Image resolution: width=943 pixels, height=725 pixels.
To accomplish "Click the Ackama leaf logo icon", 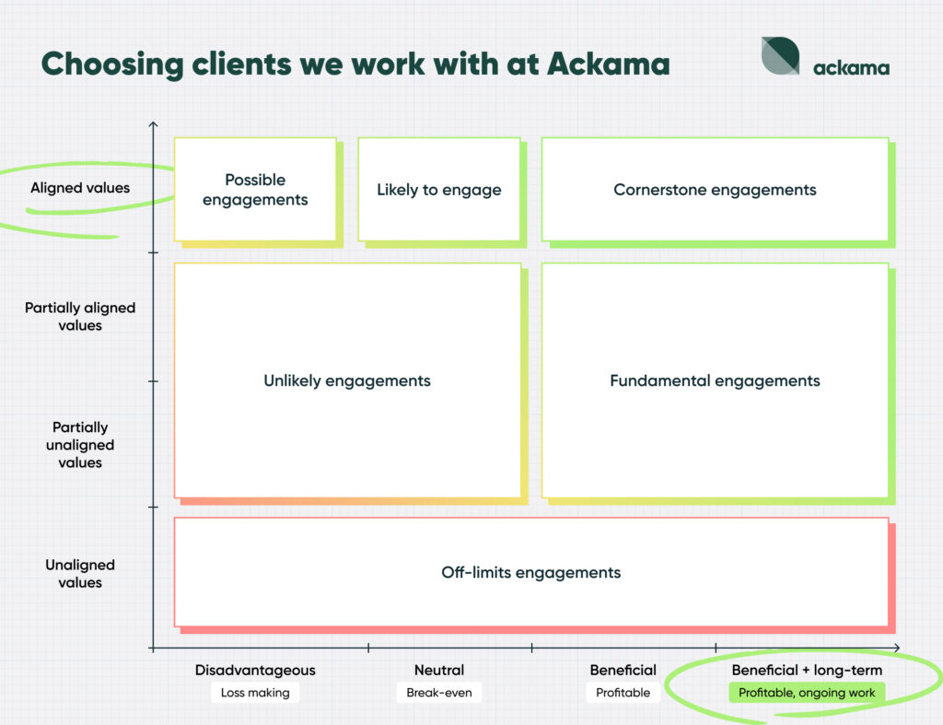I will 780,56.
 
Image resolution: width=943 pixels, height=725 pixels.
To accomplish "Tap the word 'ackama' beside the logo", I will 851,67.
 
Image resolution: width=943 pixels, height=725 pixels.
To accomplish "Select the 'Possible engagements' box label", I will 255,190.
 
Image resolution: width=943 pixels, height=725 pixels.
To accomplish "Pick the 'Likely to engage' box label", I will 439,190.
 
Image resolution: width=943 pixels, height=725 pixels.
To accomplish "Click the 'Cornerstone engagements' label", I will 715,190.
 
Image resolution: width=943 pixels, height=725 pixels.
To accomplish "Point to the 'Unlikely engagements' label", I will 347,380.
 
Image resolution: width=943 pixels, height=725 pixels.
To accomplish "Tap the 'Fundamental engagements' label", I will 715,380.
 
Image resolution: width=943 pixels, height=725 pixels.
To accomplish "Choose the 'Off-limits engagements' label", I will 531,572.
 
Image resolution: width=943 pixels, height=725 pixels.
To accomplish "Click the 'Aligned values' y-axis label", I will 80,188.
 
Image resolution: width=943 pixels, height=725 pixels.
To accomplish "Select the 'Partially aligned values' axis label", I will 80,316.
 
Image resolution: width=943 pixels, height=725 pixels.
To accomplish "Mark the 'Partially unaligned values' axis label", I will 80,445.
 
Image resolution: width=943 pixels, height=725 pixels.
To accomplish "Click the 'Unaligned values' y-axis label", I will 80,573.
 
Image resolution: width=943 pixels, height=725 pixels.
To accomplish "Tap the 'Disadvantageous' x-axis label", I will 255,670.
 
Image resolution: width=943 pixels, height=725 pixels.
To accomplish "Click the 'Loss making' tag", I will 255,693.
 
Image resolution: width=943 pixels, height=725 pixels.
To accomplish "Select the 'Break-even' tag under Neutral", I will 439,693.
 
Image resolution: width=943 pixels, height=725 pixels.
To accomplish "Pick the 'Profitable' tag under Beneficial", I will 623,693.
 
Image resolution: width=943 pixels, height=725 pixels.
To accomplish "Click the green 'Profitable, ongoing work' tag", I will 807,693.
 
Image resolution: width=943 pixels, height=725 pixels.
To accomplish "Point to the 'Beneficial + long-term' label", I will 807,670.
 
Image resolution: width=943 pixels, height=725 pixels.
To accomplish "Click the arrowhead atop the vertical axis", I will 154,123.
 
